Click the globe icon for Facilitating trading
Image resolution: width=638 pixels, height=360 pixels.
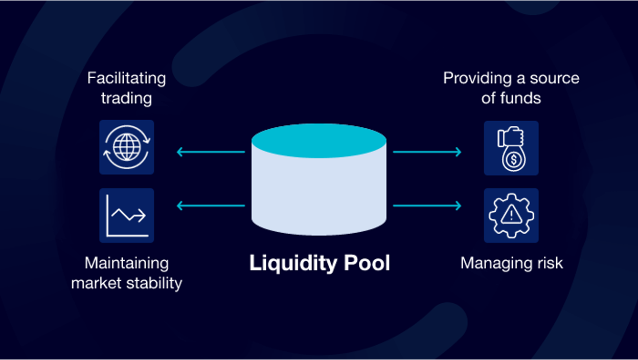click(x=126, y=147)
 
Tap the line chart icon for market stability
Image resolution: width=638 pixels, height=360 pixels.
click(x=126, y=215)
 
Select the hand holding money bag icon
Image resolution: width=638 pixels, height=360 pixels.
click(x=511, y=148)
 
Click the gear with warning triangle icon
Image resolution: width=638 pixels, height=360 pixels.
click(x=511, y=215)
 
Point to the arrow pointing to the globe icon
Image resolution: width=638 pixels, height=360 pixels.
click(x=211, y=152)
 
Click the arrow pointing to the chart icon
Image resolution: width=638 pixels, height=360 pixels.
click(x=211, y=206)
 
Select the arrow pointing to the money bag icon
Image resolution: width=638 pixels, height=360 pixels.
click(x=427, y=152)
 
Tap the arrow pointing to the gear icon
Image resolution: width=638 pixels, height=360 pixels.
click(x=427, y=206)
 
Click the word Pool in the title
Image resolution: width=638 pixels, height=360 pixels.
click(x=367, y=263)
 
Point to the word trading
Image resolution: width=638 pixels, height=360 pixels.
click(x=126, y=98)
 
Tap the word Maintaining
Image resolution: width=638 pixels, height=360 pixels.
click(x=126, y=263)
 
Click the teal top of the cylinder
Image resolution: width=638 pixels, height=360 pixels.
click(x=318, y=141)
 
